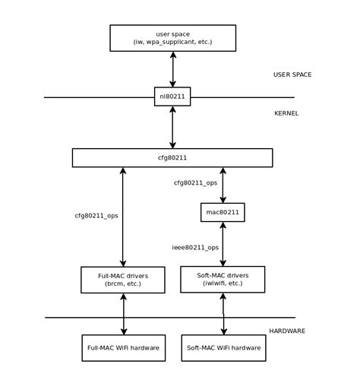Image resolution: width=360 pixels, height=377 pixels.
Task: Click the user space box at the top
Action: pyautogui.click(x=173, y=38)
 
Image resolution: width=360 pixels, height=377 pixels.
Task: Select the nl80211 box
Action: pyautogui.click(x=172, y=97)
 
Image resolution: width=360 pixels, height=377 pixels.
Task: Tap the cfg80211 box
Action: pyautogui.click(x=172, y=158)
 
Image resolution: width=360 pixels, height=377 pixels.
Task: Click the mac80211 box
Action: pyautogui.click(x=223, y=212)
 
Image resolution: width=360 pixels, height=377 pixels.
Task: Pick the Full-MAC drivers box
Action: pyautogui.click(x=123, y=280)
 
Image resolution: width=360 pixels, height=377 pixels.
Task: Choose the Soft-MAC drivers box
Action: pyautogui.click(x=223, y=279)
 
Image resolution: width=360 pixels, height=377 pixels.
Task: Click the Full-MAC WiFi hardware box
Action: pyautogui.click(x=124, y=348)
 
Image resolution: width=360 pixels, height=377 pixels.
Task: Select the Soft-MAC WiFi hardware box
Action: pyautogui.click(x=223, y=348)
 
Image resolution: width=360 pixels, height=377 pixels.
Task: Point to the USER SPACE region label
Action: pyautogui.click(x=292, y=74)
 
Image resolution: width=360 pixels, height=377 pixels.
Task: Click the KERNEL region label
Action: pyautogui.click(x=286, y=113)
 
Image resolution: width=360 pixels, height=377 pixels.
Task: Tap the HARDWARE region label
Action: pyautogui.click(x=287, y=331)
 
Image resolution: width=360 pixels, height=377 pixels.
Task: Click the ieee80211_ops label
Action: pyautogui.click(x=195, y=248)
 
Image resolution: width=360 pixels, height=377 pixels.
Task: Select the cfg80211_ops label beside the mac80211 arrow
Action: pyautogui.click(x=195, y=183)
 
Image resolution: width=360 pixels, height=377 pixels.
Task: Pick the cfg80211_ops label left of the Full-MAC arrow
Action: pyautogui.click(x=96, y=216)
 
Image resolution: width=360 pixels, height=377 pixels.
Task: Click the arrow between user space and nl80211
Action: pyautogui.click(x=173, y=69)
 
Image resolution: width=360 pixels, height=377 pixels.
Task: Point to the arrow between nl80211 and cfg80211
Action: pyautogui.click(x=172, y=127)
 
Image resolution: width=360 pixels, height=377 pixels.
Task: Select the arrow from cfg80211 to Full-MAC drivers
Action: pyautogui.click(x=123, y=217)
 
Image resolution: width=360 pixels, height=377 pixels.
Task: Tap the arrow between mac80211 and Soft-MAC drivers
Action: pyautogui.click(x=223, y=244)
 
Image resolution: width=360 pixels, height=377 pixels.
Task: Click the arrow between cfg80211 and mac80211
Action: pyautogui.click(x=223, y=185)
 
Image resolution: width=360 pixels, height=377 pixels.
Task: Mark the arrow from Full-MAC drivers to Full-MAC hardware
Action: pyautogui.click(x=124, y=314)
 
